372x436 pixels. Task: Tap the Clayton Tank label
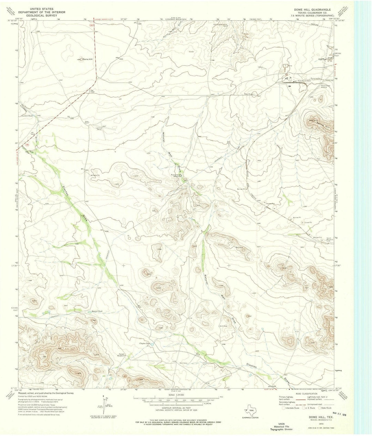click(x=144, y=343)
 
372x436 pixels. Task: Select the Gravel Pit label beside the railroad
click(x=307, y=223)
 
